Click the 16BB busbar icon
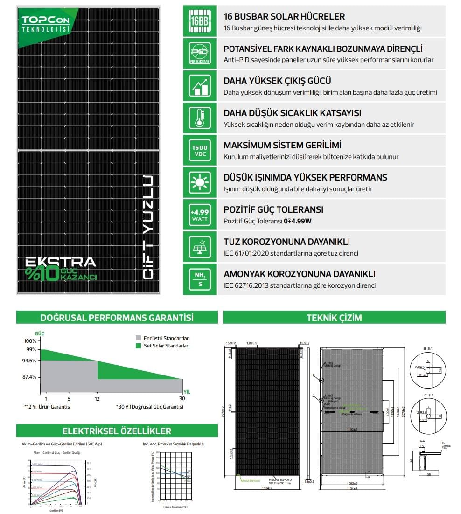[200, 21]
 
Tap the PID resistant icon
[200, 53]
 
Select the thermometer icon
[200, 118]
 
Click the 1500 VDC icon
[200, 150]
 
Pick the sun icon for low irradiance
[200, 182]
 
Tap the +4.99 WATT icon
[200, 214]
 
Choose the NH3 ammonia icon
[200, 278]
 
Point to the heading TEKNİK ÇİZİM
[334, 318]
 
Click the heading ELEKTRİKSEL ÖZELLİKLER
[117, 431]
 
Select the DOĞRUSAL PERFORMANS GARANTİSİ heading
[117, 318]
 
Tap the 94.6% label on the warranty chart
[29, 361]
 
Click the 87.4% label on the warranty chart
[29, 377]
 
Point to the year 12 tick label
[97, 398]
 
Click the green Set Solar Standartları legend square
[138, 346]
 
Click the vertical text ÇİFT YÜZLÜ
[148, 227]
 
